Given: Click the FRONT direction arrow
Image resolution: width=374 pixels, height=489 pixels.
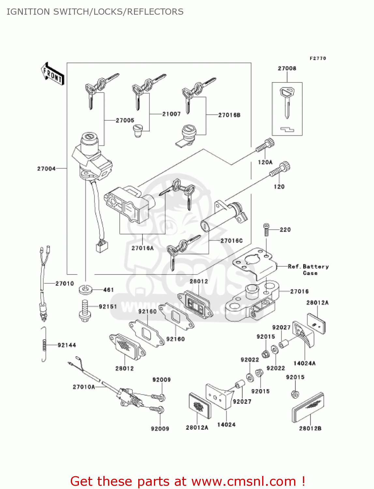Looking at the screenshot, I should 52,74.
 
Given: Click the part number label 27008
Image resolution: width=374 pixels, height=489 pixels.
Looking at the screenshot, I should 287,68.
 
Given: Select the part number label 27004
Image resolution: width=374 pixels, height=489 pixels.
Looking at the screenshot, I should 46,169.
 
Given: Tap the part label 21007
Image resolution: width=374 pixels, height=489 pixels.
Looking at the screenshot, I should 172,114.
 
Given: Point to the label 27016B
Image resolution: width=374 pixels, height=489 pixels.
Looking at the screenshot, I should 229,115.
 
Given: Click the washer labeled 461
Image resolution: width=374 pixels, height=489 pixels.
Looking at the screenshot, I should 85,289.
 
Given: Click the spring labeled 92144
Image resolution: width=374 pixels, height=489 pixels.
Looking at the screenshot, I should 44,344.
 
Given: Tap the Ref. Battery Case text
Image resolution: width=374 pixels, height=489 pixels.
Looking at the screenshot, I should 308,270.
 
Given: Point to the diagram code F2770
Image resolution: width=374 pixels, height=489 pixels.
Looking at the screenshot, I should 318,58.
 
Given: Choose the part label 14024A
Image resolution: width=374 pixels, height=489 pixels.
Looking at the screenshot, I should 305,363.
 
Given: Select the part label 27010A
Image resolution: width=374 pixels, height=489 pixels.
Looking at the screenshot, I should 84,387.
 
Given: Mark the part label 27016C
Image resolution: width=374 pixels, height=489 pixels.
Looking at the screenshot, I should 232,241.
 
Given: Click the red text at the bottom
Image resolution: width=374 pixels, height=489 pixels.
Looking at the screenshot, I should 187,481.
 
